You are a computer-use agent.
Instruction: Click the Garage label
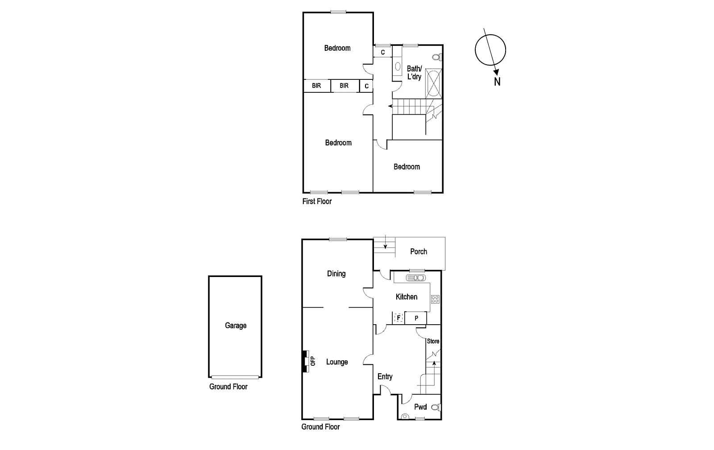[x=236, y=326]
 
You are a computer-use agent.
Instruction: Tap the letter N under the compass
[x=497, y=82]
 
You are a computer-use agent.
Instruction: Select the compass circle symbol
[x=490, y=50]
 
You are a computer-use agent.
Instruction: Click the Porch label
[x=419, y=252]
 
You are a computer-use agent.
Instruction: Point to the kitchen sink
[x=416, y=278]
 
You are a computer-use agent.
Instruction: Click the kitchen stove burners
[x=435, y=299]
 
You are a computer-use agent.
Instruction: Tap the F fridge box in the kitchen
[x=399, y=318]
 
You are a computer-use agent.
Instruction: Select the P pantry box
[x=416, y=318]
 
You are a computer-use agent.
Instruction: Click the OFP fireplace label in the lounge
[x=312, y=361]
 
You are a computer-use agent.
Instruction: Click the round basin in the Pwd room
[x=405, y=417]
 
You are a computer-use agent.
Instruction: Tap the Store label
[x=433, y=341]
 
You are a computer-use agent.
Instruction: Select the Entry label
[x=385, y=376]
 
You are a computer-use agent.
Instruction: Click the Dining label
[x=336, y=274]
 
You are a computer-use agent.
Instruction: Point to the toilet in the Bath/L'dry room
[x=437, y=58]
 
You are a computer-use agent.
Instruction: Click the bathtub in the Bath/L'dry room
[x=434, y=83]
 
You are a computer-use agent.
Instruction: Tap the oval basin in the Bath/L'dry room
[x=397, y=66]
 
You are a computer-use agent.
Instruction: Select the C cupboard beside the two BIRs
[x=366, y=86]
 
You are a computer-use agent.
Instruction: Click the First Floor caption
[x=317, y=201]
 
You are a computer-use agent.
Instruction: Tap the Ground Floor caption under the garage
[x=228, y=387]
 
